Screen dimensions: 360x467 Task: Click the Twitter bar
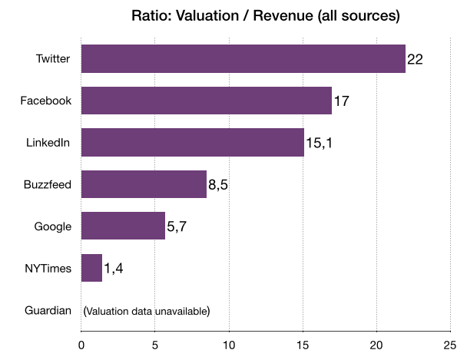[x=243, y=59]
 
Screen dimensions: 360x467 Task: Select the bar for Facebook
[x=206, y=101]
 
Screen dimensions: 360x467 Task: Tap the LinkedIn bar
[x=192, y=143]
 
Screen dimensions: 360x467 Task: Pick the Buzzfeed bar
[x=143, y=184]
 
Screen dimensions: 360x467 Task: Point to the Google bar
[x=123, y=226]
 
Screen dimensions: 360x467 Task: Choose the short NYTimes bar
[x=91, y=268]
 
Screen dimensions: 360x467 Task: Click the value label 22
[x=415, y=59]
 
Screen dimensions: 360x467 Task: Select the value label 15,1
[x=319, y=143]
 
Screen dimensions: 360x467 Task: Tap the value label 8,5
[x=218, y=184]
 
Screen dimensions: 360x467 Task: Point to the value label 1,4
[x=114, y=268]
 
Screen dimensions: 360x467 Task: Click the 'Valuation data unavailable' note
[x=146, y=310]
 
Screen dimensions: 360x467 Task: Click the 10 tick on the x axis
[x=229, y=345]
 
